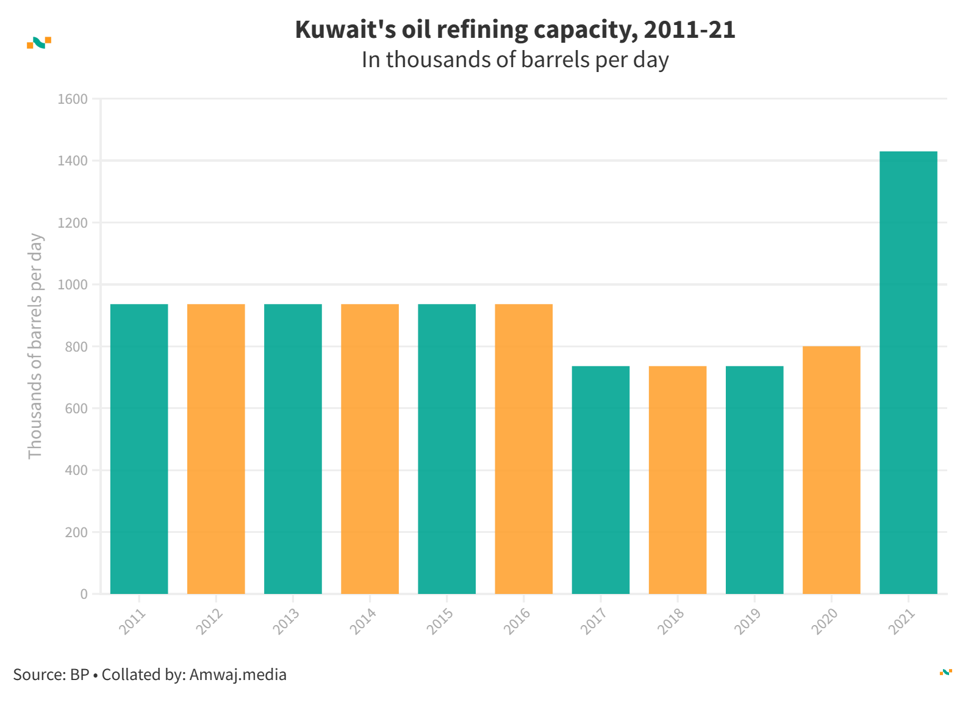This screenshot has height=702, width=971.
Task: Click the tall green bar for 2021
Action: [908, 372]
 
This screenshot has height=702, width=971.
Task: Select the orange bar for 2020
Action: [831, 470]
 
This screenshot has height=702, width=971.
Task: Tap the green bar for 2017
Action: [601, 480]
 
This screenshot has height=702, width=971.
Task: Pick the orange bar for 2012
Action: [216, 449]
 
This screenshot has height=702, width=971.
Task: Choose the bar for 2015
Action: [446, 449]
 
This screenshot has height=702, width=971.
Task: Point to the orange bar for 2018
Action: [678, 480]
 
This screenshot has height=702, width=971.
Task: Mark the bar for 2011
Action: [139, 449]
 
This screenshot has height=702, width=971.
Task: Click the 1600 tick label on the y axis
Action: [73, 99]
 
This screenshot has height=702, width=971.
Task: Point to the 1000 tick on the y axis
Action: [73, 284]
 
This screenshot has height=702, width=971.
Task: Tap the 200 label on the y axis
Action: [76, 532]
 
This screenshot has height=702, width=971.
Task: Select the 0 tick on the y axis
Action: [84, 594]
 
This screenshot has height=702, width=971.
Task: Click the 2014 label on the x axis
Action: [363, 621]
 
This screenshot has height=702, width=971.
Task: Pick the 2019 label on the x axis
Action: [748, 621]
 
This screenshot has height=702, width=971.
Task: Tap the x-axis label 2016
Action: [517, 621]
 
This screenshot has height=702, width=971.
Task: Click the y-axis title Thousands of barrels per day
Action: [35, 346]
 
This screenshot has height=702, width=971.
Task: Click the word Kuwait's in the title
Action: [345, 29]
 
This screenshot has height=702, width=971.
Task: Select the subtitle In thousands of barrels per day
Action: [515, 60]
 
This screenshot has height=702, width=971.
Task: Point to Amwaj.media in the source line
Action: [238, 675]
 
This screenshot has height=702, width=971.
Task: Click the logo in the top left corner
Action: [39, 42]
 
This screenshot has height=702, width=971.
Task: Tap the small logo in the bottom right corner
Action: [946, 672]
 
